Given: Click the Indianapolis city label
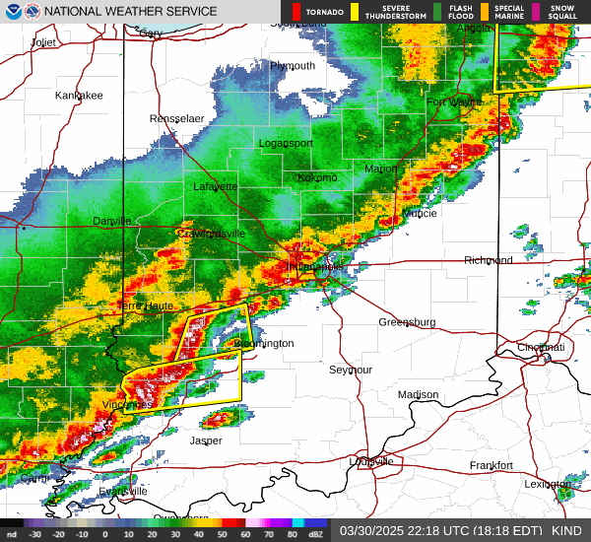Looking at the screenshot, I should [315, 266].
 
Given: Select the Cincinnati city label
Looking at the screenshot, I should [542, 347].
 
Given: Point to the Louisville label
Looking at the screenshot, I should [371, 461].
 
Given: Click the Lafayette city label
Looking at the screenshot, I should [215, 185].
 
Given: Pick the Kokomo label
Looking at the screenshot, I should [317, 177].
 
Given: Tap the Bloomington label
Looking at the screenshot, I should [264, 343].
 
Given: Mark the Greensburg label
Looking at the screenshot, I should [407, 322].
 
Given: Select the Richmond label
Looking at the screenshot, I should [489, 260].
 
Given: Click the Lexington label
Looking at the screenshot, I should [548, 484].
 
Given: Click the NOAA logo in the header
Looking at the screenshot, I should [10, 11].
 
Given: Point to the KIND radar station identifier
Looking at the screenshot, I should [566, 529].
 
